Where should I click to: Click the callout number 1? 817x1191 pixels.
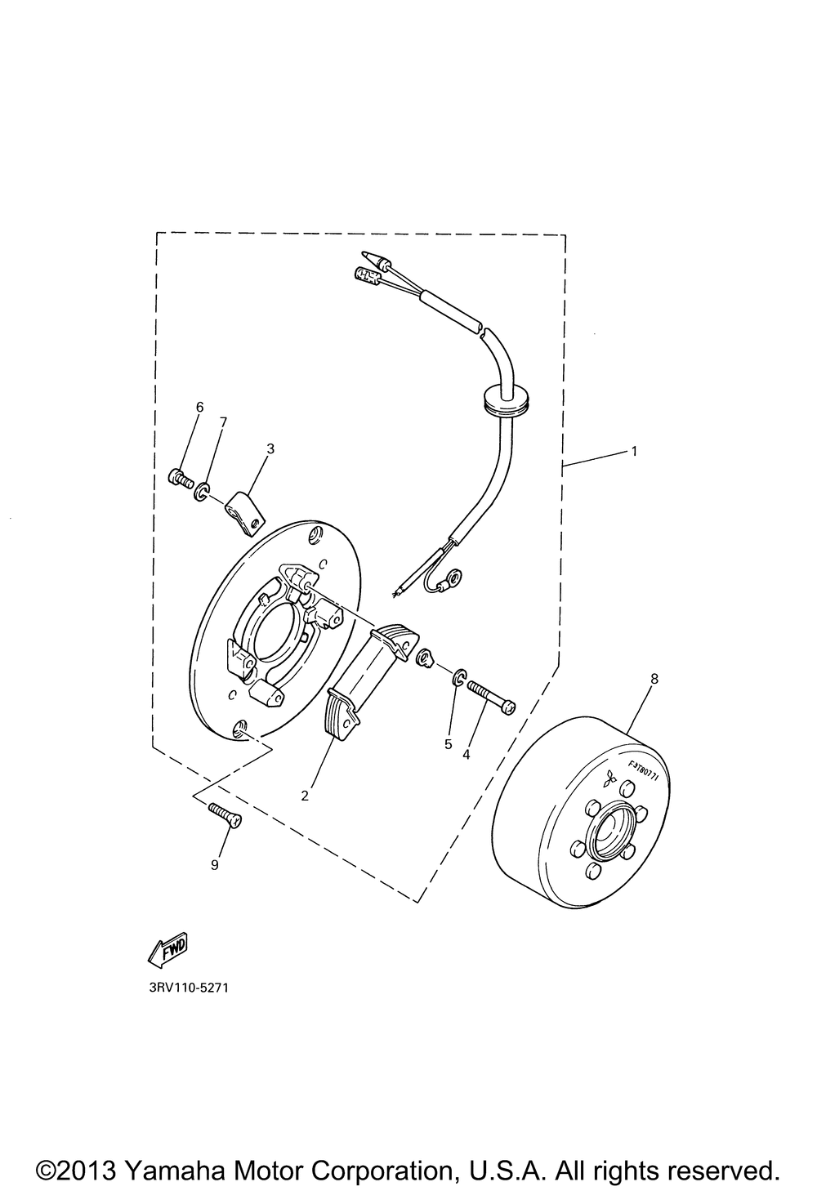(x=633, y=451)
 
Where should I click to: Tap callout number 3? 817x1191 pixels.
(x=270, y=448)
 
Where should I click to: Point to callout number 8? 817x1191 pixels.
(x=654, y=678)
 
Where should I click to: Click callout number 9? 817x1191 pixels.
(x=215, y=865)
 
